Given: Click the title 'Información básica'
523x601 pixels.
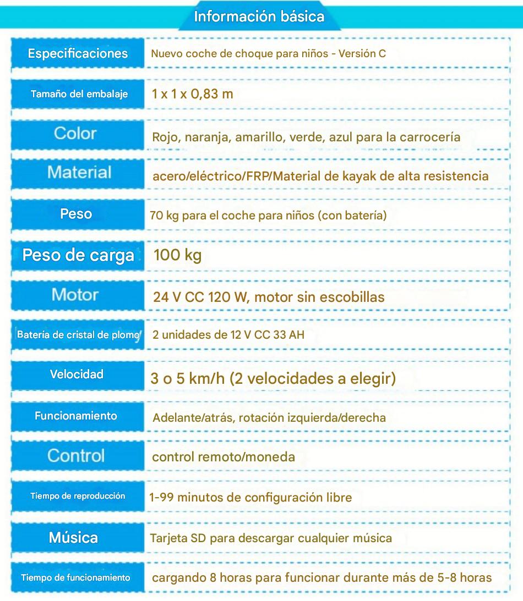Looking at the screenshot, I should click(259, 16).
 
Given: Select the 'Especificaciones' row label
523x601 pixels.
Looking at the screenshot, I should click(78, 53).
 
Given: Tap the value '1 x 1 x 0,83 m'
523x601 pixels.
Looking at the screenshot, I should click(193, 93).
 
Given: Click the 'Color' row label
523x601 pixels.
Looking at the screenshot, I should click(75, 133).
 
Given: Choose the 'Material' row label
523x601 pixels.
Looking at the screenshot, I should click(79, 172).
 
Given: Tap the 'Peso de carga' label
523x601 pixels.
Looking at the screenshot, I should click(78, 255).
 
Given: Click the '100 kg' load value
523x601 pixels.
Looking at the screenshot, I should click(177, 255).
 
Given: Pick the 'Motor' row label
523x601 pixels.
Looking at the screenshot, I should click(75, 295).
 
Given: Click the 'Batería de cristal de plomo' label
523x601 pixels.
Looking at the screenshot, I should click(78, 334).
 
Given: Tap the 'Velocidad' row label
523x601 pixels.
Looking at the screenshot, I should click(77, 374).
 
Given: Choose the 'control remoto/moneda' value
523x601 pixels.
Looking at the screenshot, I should click(223, 457).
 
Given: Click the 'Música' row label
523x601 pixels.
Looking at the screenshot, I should click(74, 537).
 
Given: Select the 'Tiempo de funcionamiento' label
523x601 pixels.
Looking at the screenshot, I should click(76, 578).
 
